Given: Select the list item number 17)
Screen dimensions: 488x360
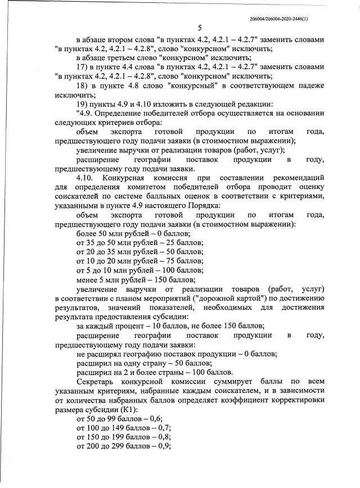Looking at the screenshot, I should tap(83, 67).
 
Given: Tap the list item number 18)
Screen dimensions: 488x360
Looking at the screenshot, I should tap(83, 85).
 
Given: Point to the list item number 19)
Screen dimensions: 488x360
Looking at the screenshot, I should tap(83, 104).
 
